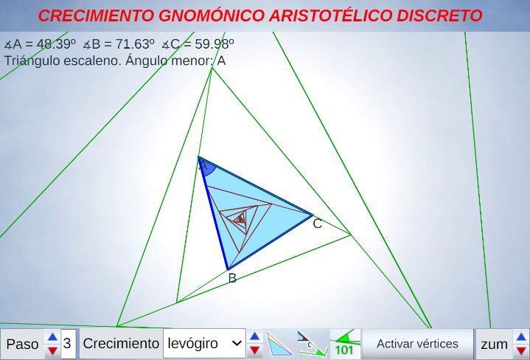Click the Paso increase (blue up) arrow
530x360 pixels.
(52, 336)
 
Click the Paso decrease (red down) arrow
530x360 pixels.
(52, 350)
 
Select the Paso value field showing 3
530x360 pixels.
(68, 344)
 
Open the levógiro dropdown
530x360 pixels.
(204, 344)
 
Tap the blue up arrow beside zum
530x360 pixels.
(521, 337)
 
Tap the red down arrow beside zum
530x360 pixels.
(521, 351)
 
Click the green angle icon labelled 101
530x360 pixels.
(345, 344)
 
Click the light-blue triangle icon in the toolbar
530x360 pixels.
(279, 344)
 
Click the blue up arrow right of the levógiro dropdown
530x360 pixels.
(255, 336)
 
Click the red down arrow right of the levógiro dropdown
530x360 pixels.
(255, 350)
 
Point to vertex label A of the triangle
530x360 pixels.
(203, 166)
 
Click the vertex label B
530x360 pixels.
(232, 278)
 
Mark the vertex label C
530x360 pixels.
(318, 224)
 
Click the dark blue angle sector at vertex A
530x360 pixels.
(207, 167)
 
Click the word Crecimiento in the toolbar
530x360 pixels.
(121, 344)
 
